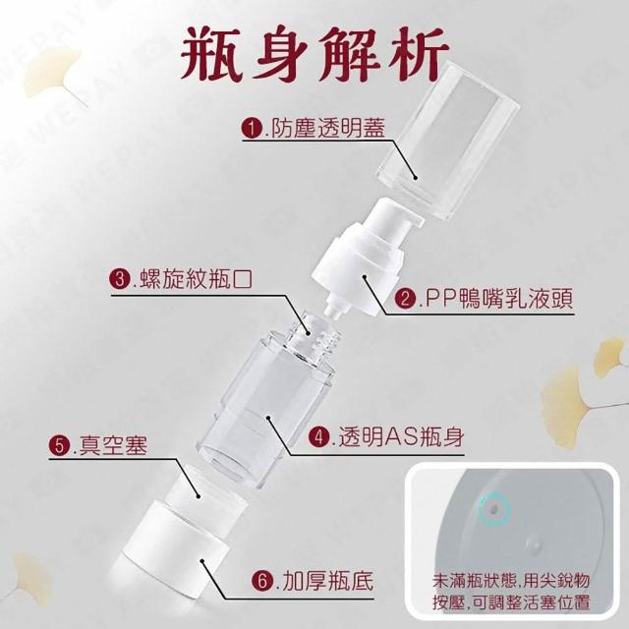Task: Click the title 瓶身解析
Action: tap(314, 53)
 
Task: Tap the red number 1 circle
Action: tap(252, 129)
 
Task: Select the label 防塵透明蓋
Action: tap(328, 129)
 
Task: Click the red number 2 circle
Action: tap(405, 299)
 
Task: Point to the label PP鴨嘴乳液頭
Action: tap(498, 299)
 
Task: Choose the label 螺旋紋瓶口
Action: tap(196, 278)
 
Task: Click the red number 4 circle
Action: tap(318, 436)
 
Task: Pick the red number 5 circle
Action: tap(59, 445)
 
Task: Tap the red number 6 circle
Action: tap(262, 581)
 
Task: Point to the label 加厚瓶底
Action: tap(327, 580)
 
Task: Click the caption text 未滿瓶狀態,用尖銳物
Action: tap(511, 581)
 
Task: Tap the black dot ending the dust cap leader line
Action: tap(416, 179)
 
